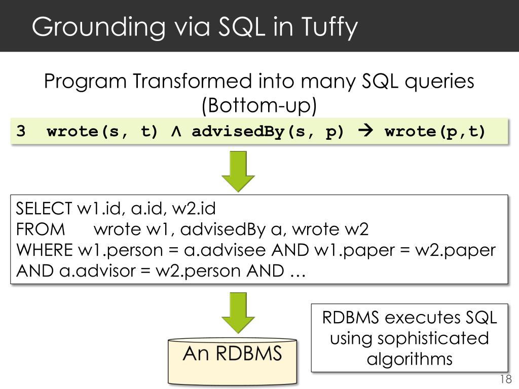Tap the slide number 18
pyautogui.click(x=505, y=380)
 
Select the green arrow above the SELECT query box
pyautogui.click(x=238, y=171)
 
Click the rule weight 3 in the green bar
pyautogui.click(x=21, y=132)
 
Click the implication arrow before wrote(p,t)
pyautogui.click(x=364, y=132)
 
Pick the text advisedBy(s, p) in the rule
pyautogui.click(x=268, y=132)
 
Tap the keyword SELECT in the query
pyautogui.click(x=44, y=208)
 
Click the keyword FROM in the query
pyautogui.click(x=41, y=229)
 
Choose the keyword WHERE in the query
pyautogui.click(x=45, y=250)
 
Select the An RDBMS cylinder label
pyautogui.click(x=232, y=353)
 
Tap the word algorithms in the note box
pyautogui.click(x=409, y=359)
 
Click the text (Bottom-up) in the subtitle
pyautogui.click(x=259, y=105)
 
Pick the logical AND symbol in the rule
pyautogui.click(x=175, y=132)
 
